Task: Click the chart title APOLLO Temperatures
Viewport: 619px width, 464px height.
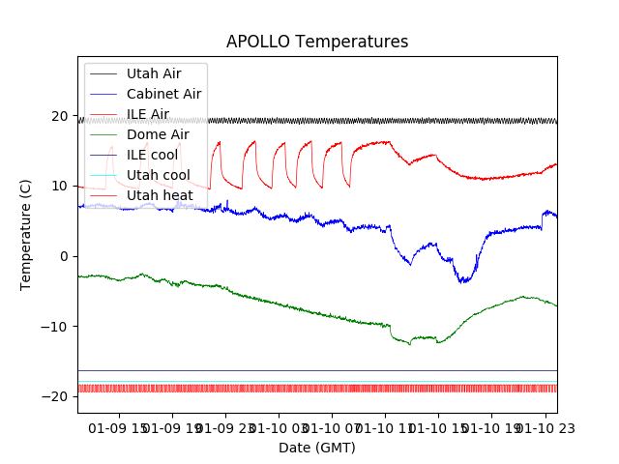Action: [317, 42]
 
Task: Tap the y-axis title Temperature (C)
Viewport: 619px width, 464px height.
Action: [26, 234]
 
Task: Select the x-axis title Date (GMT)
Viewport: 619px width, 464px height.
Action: [317, 448]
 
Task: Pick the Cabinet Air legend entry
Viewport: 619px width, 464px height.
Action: [163, 94]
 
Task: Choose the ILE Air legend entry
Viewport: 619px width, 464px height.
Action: [147, 114]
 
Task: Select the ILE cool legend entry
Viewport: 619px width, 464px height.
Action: [152, 155]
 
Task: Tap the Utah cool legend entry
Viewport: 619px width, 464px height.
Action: [158, 175]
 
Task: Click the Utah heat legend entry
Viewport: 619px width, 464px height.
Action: [159, 195]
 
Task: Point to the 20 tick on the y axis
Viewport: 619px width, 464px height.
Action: [61, 116]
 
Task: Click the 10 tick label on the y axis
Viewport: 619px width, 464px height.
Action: [61, 186]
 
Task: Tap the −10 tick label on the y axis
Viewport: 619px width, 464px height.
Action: [57, 327]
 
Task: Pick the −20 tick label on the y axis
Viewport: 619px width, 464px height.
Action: [57, 396]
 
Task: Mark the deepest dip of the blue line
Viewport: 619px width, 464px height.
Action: [464, 282]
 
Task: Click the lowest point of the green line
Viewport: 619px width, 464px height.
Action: [410, 345]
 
